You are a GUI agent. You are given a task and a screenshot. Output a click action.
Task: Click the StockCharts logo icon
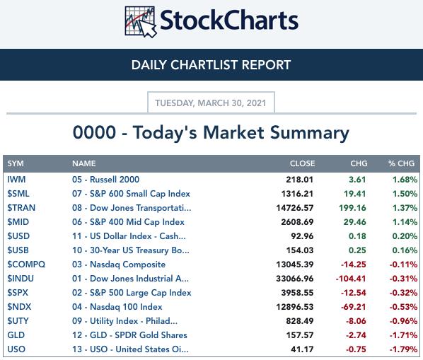click(x=141, y=22)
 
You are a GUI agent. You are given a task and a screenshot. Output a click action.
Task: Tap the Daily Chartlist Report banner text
click(x=211, y=65)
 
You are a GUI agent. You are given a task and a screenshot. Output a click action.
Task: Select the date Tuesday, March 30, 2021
click(x=211, y=103)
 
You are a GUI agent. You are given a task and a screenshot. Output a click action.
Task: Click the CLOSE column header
click(x=302, y=163)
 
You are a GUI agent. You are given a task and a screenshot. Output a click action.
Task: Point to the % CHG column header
click(x=401, y=163)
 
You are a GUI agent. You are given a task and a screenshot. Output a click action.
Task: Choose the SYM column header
click(x=16, y=163)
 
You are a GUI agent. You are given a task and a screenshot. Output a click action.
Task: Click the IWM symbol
click(x=16, y=180)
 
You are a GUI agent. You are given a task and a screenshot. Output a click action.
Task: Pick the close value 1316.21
click(x=297, y=194)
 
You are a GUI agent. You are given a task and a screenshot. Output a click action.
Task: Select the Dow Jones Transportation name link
click(x=132, y=208)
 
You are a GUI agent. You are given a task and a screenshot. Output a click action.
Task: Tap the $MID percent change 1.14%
click(x=405, y=222)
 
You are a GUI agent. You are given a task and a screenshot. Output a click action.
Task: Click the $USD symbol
click(x=18, y=236)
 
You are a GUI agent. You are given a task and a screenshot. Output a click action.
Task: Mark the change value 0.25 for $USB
click(x=357, y=250)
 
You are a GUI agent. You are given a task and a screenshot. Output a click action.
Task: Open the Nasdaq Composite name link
click(x=119, y=265)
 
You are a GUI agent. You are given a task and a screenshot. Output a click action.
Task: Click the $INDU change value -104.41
click(x=351, y=279)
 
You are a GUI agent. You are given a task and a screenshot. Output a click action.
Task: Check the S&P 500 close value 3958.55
click(x=297, y=293)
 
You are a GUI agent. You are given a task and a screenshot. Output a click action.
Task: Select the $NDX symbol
click(x=19, y=307)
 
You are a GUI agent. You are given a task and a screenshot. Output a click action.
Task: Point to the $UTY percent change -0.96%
click(x=403, y=321)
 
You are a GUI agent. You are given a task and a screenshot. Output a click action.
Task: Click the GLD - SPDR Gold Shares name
click(x=129, y=335)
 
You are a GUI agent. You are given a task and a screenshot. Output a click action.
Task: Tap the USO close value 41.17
click(x=302, y=349)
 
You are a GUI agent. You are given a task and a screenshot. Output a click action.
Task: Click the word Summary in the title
click(x=310, y=133)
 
